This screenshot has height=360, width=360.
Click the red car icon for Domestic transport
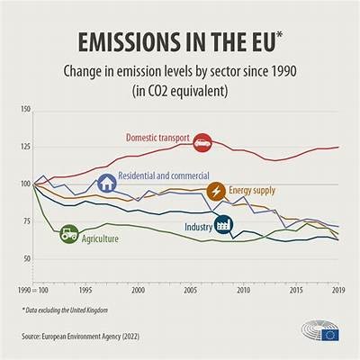click(x=202, y=141)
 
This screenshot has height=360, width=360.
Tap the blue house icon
click(x=106, y=183)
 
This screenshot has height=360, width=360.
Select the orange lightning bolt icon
click(x=217, y=191)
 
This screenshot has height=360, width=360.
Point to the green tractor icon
click(x=69, y=235)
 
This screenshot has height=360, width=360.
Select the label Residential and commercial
click(x=165, y=175)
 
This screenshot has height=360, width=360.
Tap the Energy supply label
click(x=254, y=191)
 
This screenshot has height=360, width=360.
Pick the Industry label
click(x=198, y=227)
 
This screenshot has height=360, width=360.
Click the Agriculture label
click(x=100, y=238)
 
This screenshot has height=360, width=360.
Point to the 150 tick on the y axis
click(x=24, y=109)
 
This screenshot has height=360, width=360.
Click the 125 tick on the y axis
click(x=24, y=147)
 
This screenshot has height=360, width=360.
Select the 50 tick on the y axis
click(x=25, y=259)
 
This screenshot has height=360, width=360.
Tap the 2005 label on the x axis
click(x=190, y=291)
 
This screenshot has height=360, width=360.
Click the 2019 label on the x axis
click(x=337, y=291)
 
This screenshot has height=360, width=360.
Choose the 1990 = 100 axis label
click(x=34, y=291)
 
